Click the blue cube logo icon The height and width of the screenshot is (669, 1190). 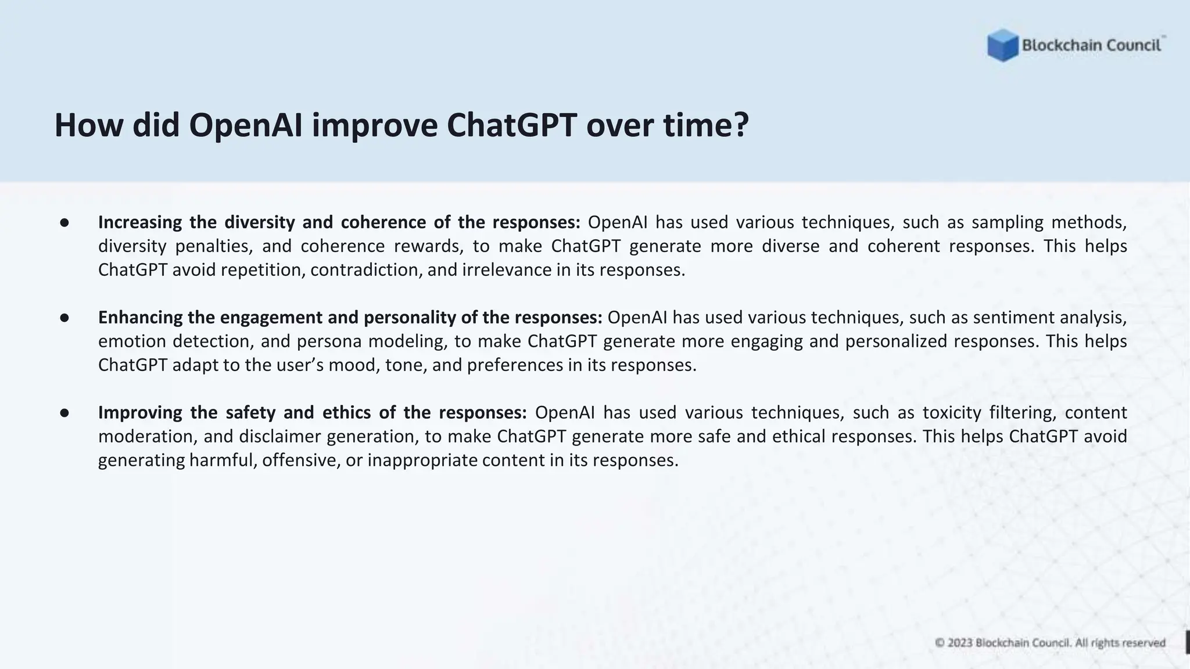[x=1002, y=45]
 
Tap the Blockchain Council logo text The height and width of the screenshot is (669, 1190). [x=1091, y=45]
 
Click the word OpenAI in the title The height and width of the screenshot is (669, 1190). [x=246, y=125]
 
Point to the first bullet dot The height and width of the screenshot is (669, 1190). [x=64, y=223]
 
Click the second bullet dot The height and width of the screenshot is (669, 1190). [x=64, y=318]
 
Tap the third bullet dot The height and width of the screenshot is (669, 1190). [x=64, y=413]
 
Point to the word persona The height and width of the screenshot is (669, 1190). [x=329, y=341]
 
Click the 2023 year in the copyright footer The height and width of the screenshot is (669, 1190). [x=960, y=643]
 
